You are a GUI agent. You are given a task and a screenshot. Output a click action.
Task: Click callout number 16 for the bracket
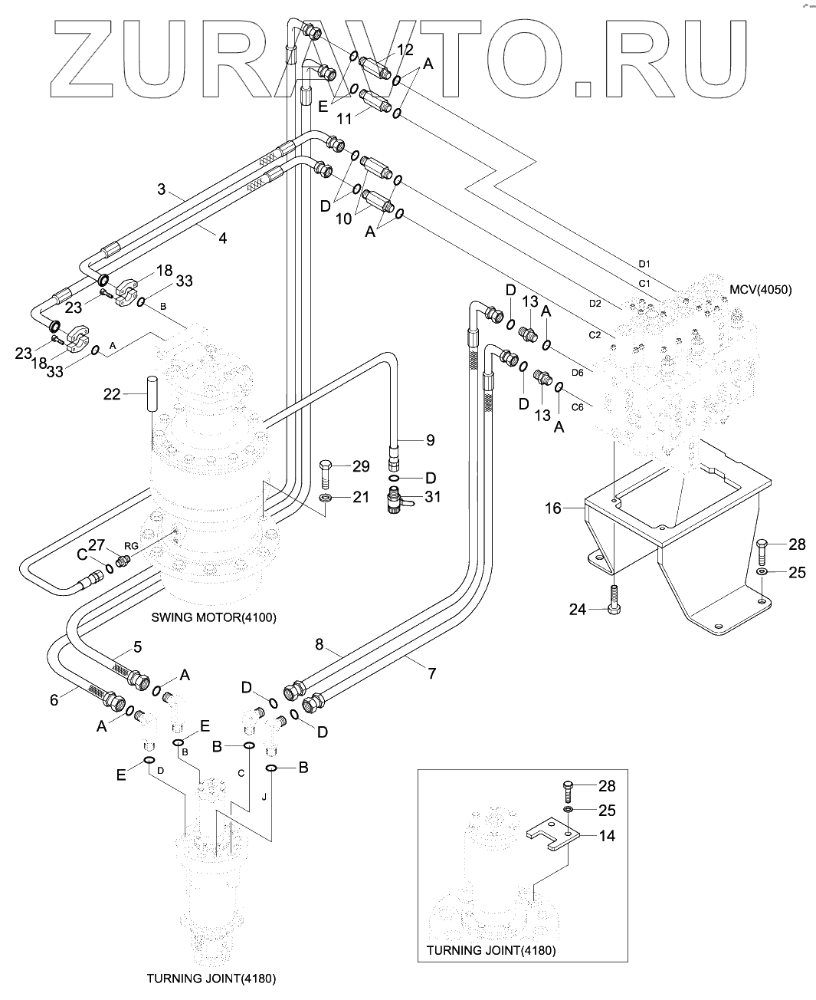click(x=553, y=508)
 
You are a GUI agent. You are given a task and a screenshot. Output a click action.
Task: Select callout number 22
click(x=113, y=393)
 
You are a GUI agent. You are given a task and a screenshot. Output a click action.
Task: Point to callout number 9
click(x=430, y=440)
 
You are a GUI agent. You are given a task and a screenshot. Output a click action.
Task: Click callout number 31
click(x=433, y=497)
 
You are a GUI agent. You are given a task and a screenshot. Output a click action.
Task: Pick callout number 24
click(x=578, y=609)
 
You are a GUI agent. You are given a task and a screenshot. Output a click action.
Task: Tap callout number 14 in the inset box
click(x=607, y=836)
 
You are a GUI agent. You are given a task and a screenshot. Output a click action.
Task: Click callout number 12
click(x=405, y=50)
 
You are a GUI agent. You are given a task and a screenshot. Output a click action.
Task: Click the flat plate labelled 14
click(x=552, y=836)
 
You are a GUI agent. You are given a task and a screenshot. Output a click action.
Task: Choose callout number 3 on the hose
click(x=162, y=188)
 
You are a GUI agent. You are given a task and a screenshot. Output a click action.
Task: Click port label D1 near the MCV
click(x=644, y=264)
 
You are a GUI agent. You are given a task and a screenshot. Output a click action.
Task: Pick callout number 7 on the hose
click(x=431, y=673)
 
